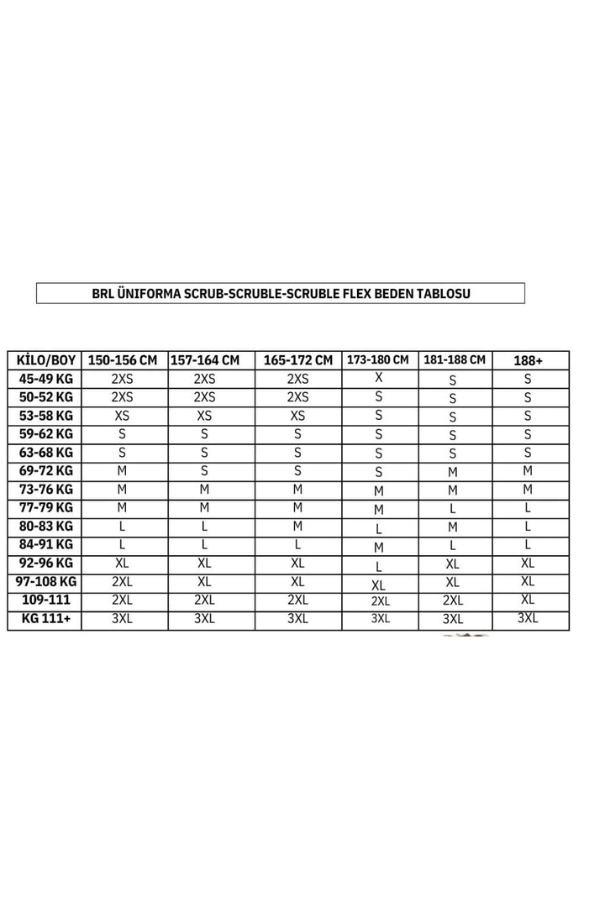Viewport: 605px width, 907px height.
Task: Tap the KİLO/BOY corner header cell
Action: [45, 360]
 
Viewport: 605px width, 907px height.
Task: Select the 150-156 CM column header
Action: [123, 360]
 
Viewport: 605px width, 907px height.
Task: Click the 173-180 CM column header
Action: [378, 359]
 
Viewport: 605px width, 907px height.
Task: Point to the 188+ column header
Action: [528, 360]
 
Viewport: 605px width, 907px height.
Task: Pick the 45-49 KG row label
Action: [45, 378]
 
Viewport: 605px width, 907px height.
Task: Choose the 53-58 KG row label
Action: [45, 415]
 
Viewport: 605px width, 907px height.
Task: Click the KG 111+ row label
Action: [45, 620]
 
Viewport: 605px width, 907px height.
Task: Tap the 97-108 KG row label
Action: [45, 582]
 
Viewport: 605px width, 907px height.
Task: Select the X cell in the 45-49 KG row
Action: [378, 378]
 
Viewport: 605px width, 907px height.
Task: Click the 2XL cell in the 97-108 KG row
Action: [123, 582]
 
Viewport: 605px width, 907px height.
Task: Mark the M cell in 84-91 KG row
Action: [378, 547]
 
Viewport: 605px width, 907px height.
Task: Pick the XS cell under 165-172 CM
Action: [297, 415]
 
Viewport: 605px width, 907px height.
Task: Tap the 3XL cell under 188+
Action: [528, 619]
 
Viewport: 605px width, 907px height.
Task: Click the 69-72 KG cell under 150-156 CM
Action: [123, 470]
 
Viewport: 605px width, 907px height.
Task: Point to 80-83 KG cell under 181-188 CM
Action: [452, 527]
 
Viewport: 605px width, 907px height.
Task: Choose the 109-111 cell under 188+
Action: [528, 600]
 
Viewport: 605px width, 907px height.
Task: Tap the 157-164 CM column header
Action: [205, 360]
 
